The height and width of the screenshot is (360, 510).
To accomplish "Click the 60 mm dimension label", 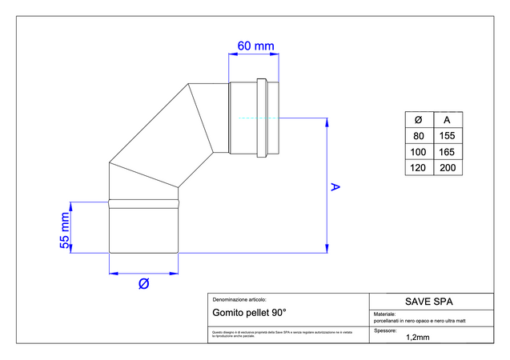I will (255, 46).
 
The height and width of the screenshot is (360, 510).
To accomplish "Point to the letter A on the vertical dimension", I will (336, 187).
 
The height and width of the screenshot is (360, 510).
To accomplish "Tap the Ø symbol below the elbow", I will (144, 283).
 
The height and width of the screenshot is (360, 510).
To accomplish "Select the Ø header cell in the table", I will (418, 119).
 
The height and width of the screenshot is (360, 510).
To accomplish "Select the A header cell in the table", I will (447, 119).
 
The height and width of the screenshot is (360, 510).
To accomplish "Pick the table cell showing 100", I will (418, 151).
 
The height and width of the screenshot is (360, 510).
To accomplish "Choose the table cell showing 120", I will (418, 168).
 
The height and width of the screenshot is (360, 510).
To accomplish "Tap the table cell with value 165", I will (447, 151).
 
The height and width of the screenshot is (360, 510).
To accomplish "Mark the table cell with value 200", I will (447, 168).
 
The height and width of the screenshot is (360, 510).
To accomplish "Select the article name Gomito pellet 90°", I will (249, 313).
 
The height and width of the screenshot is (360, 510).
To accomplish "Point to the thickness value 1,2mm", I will (418, 337).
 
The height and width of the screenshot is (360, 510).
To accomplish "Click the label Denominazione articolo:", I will (239, 298).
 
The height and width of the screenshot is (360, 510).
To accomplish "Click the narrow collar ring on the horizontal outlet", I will (263, 117).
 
